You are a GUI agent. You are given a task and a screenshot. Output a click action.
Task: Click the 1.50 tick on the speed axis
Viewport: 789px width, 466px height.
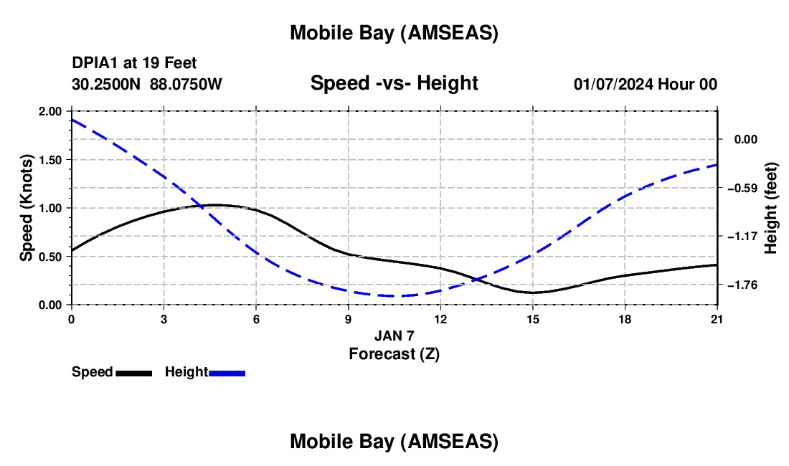tap(50, 160)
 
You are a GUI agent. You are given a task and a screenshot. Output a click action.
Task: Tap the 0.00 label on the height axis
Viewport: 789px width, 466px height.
tap(748, 140)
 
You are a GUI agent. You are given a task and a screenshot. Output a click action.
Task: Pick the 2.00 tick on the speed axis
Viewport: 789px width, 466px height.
tap(50, 112)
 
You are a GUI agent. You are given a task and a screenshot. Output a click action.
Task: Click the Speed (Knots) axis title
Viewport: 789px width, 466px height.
tap(27, 208)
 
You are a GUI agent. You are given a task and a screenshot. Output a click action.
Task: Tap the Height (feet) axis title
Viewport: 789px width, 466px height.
tap(771, 208)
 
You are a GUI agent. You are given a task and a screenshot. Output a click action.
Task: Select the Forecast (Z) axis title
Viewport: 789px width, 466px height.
tap(394, 353)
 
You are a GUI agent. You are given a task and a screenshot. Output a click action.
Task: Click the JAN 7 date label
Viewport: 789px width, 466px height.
tap(394, 336)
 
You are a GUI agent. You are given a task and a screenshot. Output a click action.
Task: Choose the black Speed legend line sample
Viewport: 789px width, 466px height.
tap(133, 373)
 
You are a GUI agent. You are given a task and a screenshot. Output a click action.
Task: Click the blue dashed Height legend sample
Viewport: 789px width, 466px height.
tap(227, 373)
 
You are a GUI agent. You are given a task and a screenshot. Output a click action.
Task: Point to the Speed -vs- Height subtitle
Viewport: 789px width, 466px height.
tap(394, 83)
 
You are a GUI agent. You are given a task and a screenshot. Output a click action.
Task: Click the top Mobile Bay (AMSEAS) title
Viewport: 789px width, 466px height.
tap(394, 33)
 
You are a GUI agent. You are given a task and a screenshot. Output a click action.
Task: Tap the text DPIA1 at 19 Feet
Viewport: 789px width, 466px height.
tap(134, 64)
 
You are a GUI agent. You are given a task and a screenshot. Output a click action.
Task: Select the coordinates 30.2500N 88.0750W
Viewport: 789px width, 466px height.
tap(147, 84)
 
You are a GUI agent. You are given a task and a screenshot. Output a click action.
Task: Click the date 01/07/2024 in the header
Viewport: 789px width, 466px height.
tap(614, 84)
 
